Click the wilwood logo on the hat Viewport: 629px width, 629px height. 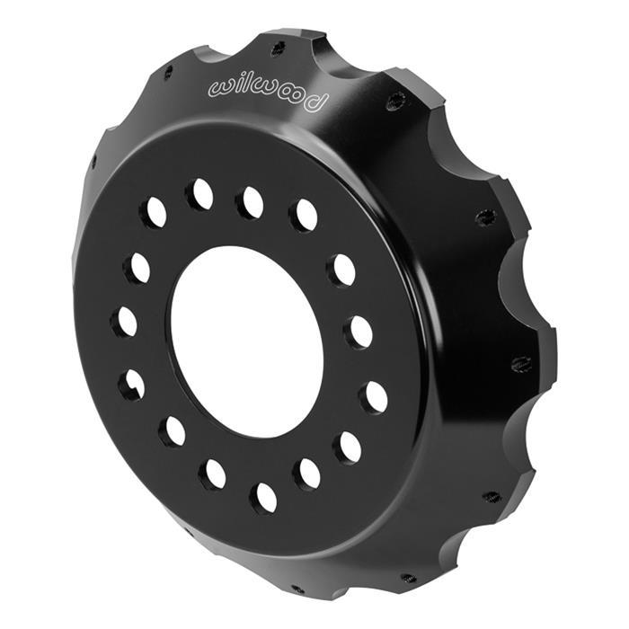pyautogui.click(x=267, y=91)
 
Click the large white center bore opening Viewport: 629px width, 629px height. pyautogui.click(x=247, y=336)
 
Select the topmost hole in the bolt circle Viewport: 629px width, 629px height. pyautogui.click(x=200, y=193)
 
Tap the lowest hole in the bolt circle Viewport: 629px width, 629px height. pyautogui.click(x=264, y=496)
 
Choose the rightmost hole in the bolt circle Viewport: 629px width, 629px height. pyautogui.click(x=374, y=396)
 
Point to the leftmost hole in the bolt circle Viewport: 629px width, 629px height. pyautogui.click(x=125, y=322)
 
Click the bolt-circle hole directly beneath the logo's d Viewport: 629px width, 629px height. pyautogui.click(x=304, y=216)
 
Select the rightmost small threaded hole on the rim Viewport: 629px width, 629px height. pyautogui.click(x=521, y=364)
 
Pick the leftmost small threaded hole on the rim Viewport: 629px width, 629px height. pyautogui.click(x=93, y=162)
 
